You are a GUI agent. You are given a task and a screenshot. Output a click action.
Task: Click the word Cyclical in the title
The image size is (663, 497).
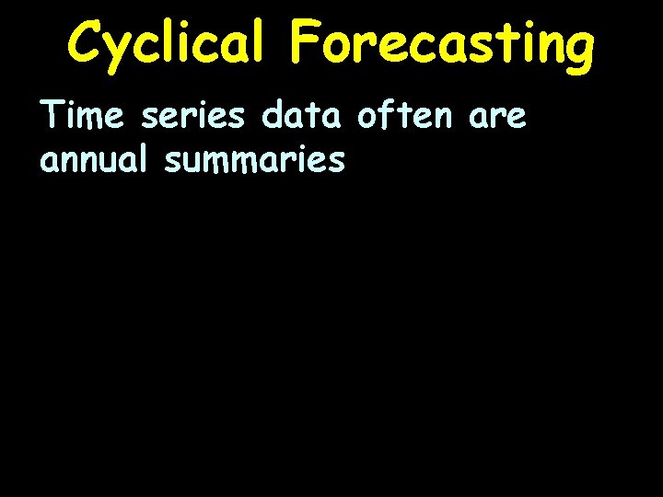(162, 43)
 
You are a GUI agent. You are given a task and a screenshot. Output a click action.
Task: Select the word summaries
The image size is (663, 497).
(254, 161)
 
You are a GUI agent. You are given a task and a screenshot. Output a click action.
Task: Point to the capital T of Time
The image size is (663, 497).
(52, 118)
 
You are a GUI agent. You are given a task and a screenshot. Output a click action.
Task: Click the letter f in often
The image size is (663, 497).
(388, 118)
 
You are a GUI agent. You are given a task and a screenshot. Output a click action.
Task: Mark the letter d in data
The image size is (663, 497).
(273, 118)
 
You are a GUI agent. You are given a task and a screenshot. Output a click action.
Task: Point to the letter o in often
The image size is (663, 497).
(367, 120)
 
